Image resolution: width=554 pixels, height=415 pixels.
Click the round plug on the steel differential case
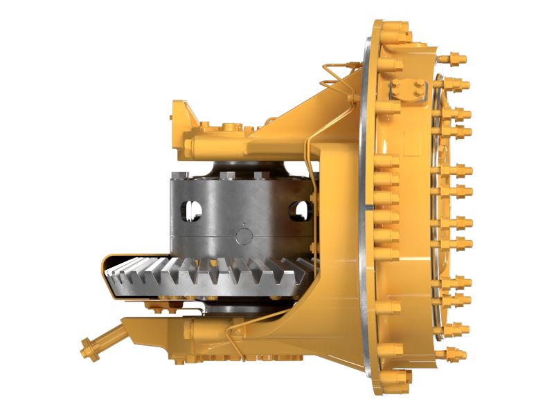(x=244, y=236)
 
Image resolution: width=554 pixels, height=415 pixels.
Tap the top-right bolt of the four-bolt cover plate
(x=420, y=84)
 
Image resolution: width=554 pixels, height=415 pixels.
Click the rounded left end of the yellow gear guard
(x=106, y=266)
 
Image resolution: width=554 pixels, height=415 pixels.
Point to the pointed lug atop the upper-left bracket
(x=178, y=109)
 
